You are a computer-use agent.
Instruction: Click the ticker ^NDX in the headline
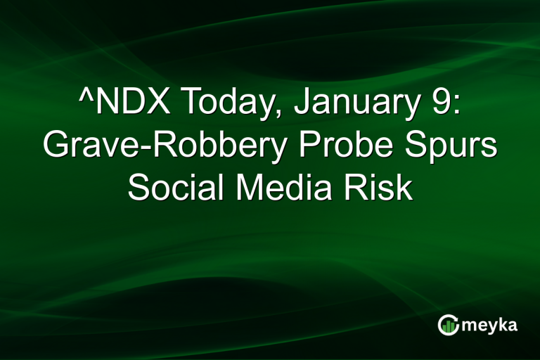coord(120,104)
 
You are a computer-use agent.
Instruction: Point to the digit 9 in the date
coord(439,104)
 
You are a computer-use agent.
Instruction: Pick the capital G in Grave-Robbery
coord(56,147)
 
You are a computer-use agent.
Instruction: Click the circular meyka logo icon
coord(449,324)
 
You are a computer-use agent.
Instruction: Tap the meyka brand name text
coord(488,325)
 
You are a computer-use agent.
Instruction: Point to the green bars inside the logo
coord(449,326)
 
